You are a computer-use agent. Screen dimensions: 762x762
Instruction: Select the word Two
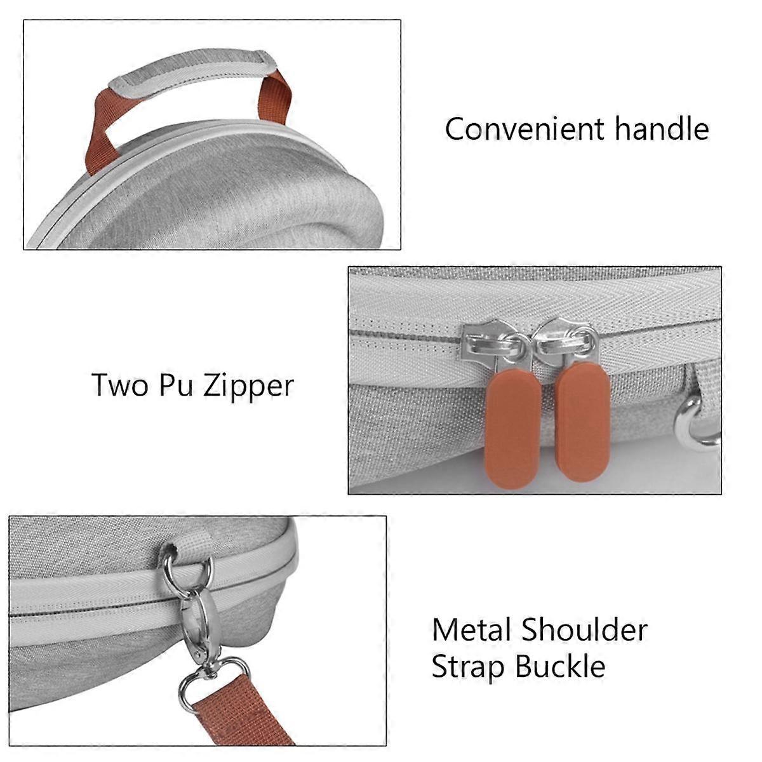pyautogui.click(x=119, y=385)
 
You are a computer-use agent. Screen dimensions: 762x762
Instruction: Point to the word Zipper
pyautogui.click(x=249, y=387)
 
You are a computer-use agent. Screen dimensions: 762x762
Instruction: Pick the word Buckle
pyautogui.click(x=560, y=667)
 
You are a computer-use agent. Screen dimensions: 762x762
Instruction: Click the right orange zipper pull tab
pyautogui.click(x=582, y=422)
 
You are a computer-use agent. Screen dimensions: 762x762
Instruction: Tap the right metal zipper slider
pyautogui.click(x=566, y=341)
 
